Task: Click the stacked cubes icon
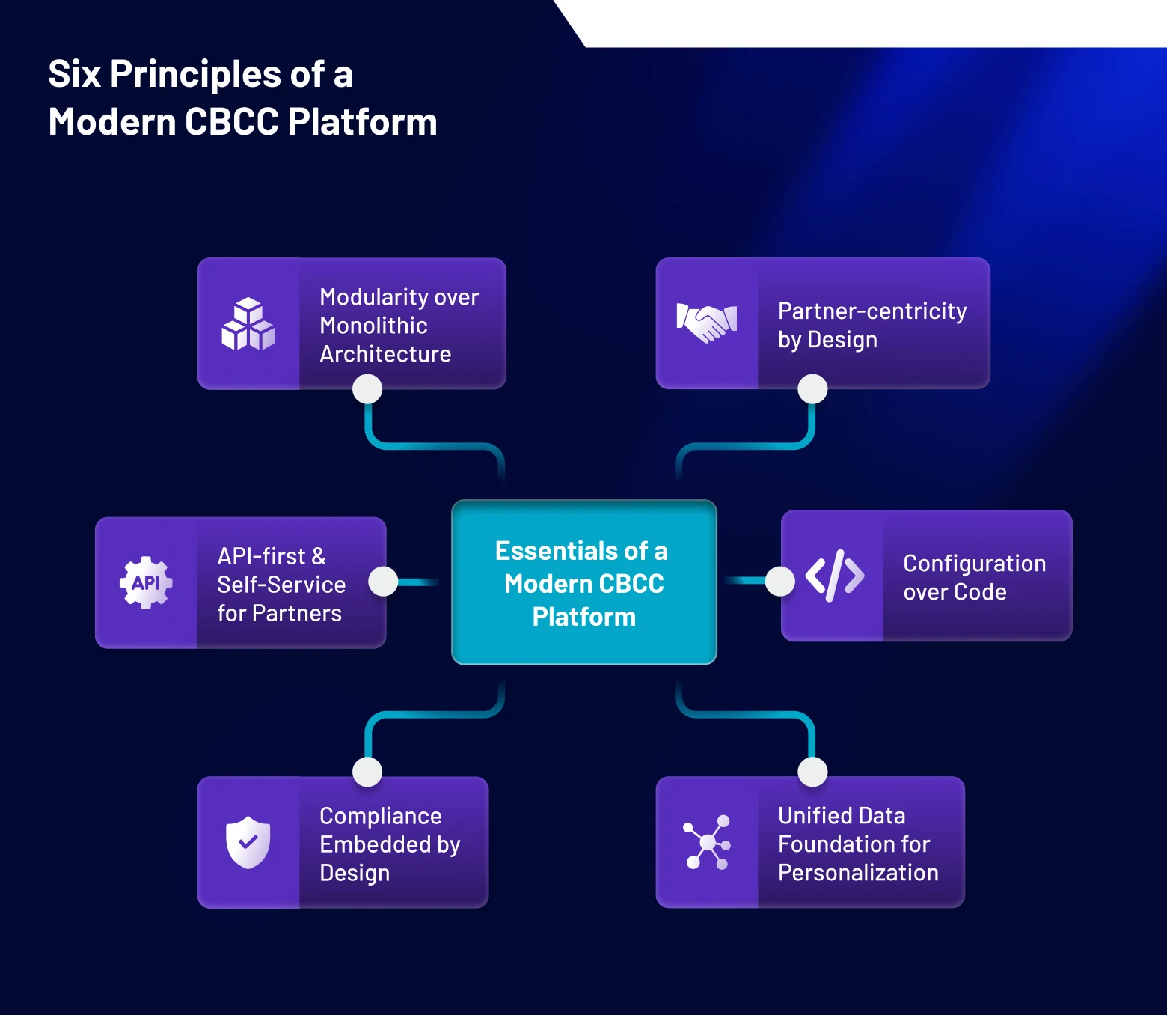tap(248, 324)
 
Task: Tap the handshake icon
tap(707, 323)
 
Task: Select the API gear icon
tap(146, 582)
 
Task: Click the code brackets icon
tap(834, 576)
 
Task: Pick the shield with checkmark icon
tap(248, 842)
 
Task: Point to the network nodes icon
tap(707, 842)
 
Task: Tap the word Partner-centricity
tap(872, 311)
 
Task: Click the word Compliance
tap(380, 815)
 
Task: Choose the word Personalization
tap(858, 872)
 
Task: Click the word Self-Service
tap(281, 584)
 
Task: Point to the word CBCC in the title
tap(231, 122)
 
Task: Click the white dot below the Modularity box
tap(367, 388)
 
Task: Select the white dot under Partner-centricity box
tap(812, 388)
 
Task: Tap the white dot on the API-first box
tap(383, 582)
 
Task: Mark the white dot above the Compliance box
tap(367, 772)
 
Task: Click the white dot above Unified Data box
tap(812, 772)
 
